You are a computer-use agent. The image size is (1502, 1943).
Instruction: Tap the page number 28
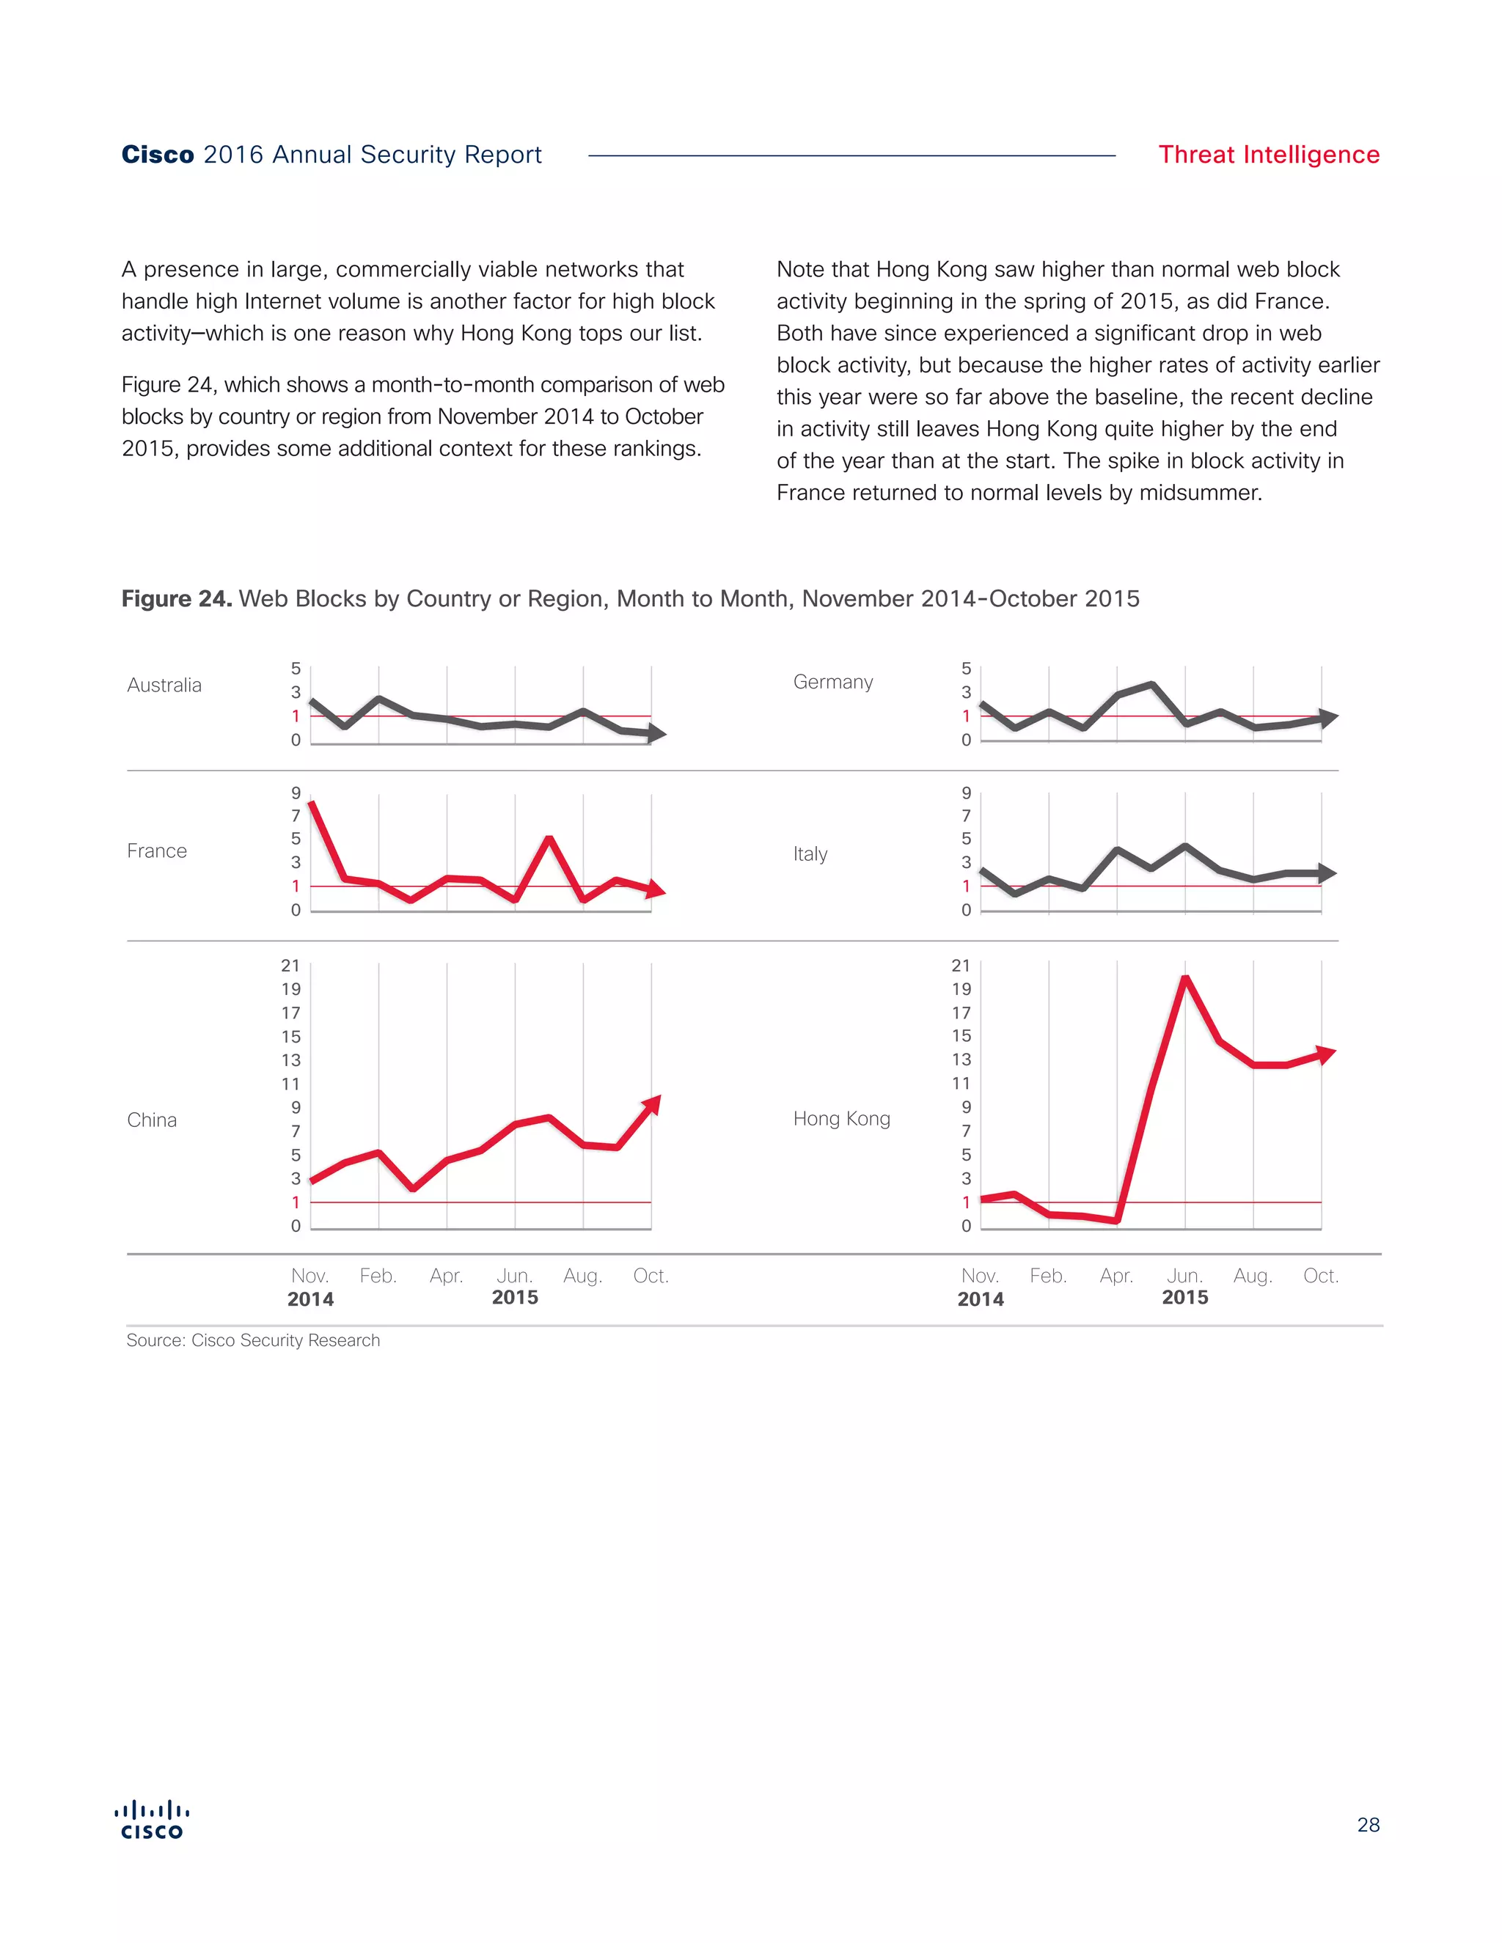pyautogui.click(x=1368, y=1825)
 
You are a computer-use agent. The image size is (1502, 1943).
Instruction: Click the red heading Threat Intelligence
pyautogui.click(x=1268, y=155)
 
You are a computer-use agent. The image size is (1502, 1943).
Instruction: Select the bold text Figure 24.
pyautogui.click(x=176, y=599)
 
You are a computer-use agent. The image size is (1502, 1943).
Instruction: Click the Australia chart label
pyautogui.click(x=164, y=685)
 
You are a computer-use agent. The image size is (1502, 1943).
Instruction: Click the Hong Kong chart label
pyautogui.click(x=841, y=1118)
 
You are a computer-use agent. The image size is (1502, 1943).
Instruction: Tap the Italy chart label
pyautogui.click(x=810, y=854)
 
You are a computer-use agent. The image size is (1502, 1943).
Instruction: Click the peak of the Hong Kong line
pyautogui.click(x=1185, y=979)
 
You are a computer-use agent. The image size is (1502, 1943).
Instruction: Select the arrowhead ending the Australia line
pyautogui.click(x=658, y=734)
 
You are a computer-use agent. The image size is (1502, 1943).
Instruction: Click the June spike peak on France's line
pyautogui.click(x=549, y=838)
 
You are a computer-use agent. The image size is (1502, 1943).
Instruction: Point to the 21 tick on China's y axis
pyautogui.click(x=290, y=966)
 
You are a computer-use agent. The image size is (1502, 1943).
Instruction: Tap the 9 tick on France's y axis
pyautogui.click(x=296, y=793)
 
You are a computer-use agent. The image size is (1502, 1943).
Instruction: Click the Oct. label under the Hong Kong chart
pyautogui.click(x=1320, y=1276)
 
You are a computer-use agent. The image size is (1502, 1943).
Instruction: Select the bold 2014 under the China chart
pyautogui.click(x=310, y=1299)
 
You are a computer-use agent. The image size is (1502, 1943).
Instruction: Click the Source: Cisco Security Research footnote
pyautogui.click(x=253, y=1341)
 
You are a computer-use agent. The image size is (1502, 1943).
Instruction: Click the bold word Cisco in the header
pyautogui.click(x=158, y=155)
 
